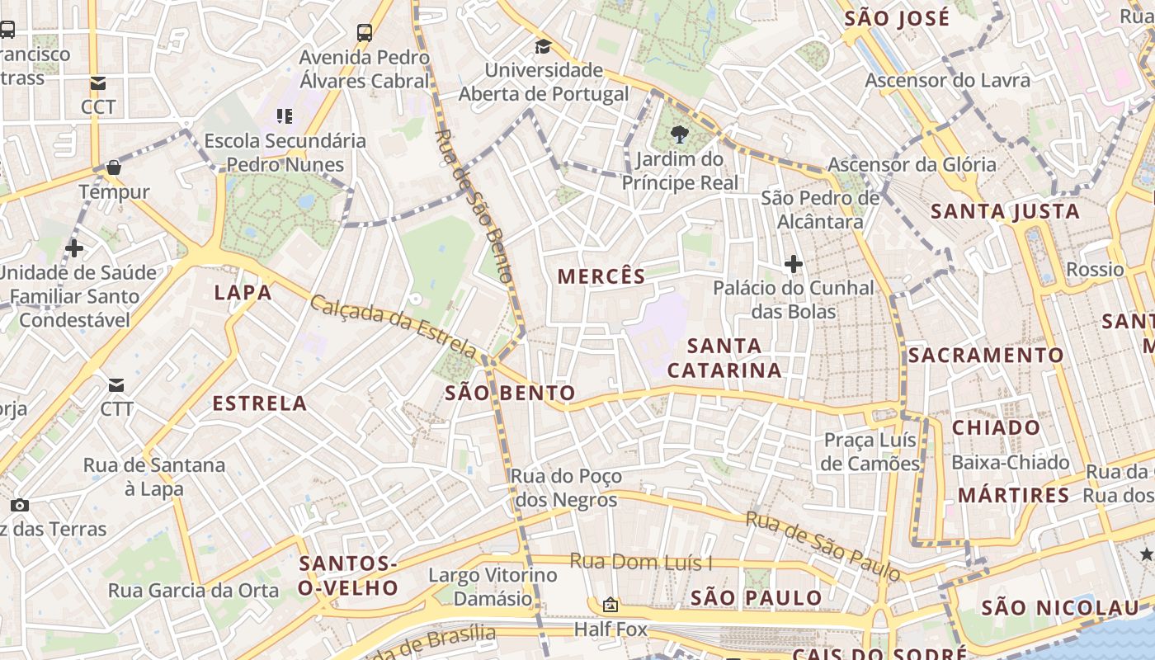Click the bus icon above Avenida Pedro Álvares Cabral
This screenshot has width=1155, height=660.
click(365, 32)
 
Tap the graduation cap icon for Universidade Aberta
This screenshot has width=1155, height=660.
click(543, 46)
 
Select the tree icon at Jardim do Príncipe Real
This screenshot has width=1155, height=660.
click(680, 134)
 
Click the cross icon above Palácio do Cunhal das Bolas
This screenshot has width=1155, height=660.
click(794, 264)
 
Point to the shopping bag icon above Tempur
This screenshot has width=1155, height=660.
click(114, 167)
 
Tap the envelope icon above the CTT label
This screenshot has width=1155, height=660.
click(116, 385)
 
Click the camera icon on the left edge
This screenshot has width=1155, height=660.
click(20, 505)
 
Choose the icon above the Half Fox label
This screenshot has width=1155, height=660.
click(610, 605)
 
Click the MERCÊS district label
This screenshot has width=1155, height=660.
click(601, 276)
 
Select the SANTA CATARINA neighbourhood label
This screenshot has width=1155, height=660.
click(724, 357)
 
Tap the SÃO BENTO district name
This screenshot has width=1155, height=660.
click(510, 393)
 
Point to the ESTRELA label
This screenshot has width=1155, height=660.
click(260, 403)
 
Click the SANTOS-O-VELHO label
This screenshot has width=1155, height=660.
click(348, 576)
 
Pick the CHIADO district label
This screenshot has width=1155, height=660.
click(997, 427)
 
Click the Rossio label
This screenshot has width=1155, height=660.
click(1095, 269)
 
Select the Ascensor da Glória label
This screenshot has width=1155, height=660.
click(912, 164)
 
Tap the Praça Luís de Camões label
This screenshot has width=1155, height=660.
click(870, 451)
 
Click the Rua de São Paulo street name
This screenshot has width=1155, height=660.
click(823, 544)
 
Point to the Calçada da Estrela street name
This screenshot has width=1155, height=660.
click(393, 325)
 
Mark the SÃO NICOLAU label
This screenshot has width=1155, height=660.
click(1060, 608)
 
